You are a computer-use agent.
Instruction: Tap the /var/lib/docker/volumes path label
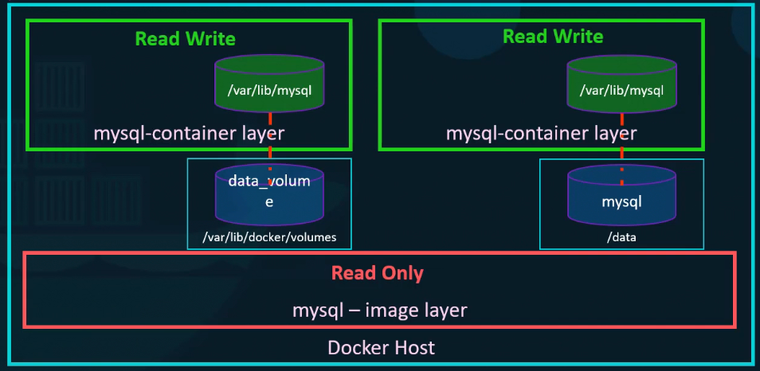click(x=269, y=236)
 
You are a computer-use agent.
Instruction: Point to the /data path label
click(x=621, y=236)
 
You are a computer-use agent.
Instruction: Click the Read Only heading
click(x=378, y=273)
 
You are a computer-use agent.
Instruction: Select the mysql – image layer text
click(x=379, y=310)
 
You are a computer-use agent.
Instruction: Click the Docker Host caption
click(x=381, y=348)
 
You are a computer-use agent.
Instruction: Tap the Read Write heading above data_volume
click(x=186, y=38)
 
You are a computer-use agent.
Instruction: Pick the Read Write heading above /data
click(x=553, y=36)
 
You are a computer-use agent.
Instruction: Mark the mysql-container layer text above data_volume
click(x=189, y=133)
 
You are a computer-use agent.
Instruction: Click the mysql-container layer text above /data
click(x=541, y=133)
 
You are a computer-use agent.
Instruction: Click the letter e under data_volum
click(x=269, y=202)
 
